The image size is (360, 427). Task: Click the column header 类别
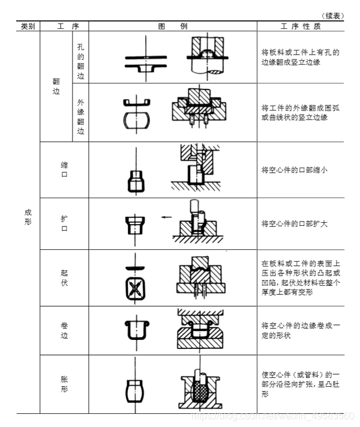[28, 26]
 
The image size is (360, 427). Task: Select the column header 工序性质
[300, 26]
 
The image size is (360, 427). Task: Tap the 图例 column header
[173, 26]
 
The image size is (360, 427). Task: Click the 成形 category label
[28, 217]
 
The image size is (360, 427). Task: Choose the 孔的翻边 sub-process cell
[80, 56]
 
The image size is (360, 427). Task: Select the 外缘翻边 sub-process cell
[80, 112]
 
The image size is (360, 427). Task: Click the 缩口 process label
[64, 169]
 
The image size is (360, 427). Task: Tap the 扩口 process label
[64, 225]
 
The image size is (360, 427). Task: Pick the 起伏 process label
[64, 277]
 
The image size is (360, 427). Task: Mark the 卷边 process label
[64, 330]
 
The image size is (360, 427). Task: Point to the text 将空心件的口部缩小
[294, 170]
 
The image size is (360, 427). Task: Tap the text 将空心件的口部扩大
[294, 223]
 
